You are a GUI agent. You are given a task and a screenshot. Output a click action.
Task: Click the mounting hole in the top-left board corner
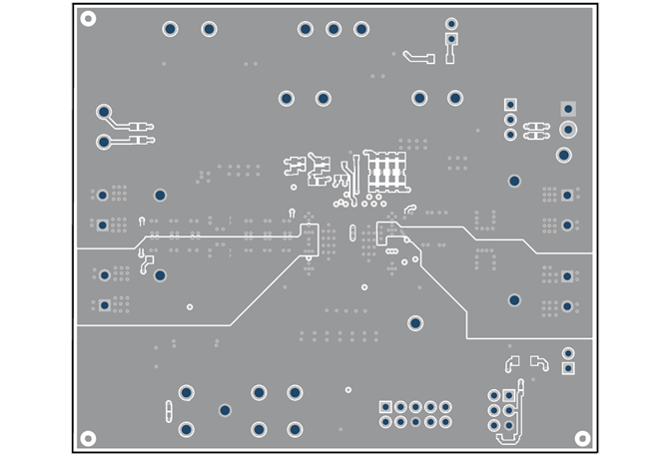click(88, 19)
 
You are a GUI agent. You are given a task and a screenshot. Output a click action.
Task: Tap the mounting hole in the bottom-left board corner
click(88, 438)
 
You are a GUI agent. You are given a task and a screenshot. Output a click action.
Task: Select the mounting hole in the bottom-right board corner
click(583, 438)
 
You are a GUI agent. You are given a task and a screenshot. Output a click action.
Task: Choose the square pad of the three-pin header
click(510, 104)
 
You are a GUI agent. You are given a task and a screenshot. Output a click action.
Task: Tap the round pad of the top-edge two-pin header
click(451, 23)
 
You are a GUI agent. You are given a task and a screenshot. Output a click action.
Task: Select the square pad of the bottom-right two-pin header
click(568, 368)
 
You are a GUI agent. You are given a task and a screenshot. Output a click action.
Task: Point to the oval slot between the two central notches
click(351, 232)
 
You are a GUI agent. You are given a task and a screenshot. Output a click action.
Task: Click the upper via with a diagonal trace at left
click(103, 111)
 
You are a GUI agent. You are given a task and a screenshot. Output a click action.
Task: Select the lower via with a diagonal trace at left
click(103, 143)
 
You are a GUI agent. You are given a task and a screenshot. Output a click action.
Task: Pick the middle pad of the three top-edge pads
click(334, 29)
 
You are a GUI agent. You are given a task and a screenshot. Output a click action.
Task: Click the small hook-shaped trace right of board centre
click(409, 210)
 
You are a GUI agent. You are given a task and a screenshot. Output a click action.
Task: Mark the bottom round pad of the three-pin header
click(510, 134)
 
